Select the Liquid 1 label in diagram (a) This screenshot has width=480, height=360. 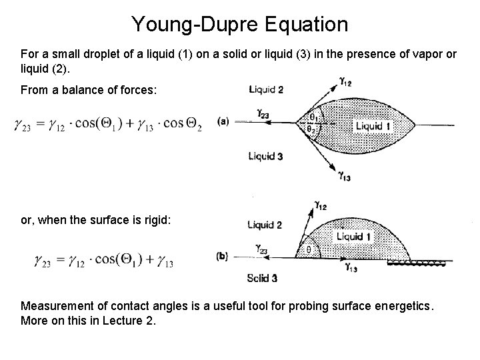(369, 126)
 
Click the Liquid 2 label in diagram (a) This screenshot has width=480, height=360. (266, 90)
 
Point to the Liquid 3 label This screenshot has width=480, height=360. (266, 157)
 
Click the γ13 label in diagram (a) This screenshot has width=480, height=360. (345, 177)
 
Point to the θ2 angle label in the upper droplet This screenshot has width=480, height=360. (312, 129)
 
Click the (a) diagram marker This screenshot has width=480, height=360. (223, 122)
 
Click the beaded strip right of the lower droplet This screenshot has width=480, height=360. (417, 263)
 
